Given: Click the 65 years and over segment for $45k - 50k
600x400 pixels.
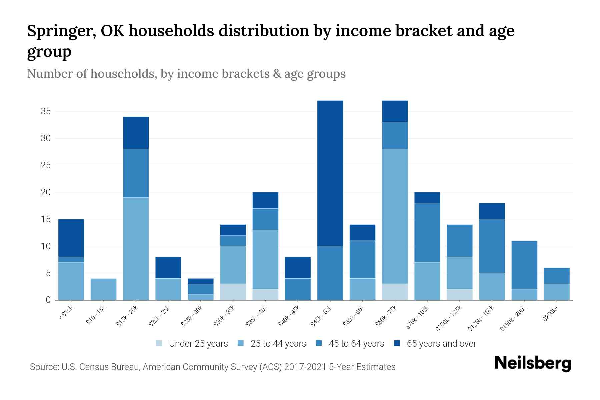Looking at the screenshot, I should coord(330,173).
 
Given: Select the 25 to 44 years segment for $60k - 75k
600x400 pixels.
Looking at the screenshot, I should coord(395,216).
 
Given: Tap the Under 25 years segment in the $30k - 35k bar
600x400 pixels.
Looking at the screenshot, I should coord(233,292).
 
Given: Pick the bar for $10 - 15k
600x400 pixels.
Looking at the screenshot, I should coord(103,289).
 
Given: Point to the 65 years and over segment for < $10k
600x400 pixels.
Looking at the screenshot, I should coord(71,238).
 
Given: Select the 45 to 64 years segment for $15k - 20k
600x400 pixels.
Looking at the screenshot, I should coord(136,173).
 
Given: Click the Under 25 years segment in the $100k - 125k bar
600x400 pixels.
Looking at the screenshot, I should coord(460,295).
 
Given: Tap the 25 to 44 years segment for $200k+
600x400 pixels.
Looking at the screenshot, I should coord(557,292).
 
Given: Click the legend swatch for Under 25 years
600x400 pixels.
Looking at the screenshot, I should coord(159,343).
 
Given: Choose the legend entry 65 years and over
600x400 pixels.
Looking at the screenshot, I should coord(441,344).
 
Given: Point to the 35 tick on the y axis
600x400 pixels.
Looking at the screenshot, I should coord(46,111).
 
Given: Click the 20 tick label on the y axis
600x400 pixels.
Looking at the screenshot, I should coord(46,192).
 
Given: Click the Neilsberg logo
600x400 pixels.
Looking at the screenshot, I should coord(533,364).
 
